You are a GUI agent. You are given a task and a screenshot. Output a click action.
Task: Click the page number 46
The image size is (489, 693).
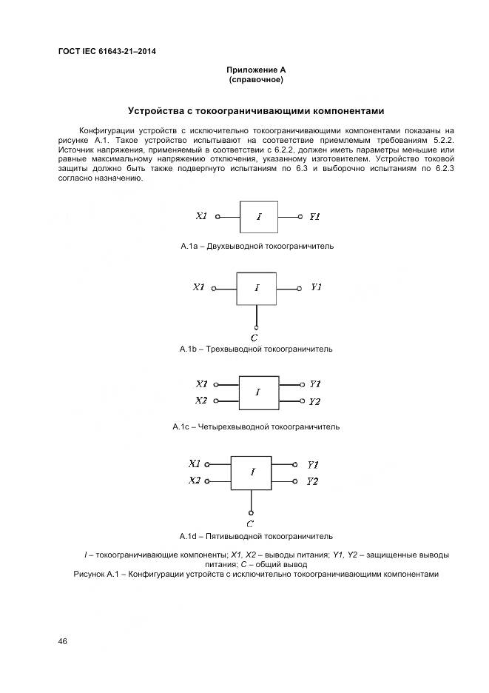[x=63, y=641]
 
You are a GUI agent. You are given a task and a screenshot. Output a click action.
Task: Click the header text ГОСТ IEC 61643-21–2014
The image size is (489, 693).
[x=107, y=51]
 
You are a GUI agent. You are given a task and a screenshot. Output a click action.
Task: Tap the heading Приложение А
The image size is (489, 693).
[x=256, y=70]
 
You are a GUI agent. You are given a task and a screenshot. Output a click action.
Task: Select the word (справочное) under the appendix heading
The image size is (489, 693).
[x=256, y=78]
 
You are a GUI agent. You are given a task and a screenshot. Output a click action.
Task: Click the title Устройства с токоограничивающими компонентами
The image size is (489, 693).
[x=256, y=111]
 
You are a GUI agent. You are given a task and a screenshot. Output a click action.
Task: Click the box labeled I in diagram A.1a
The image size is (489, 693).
[x=259, y=217]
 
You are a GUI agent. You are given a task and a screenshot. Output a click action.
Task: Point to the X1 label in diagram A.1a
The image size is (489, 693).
[x=201, y=217]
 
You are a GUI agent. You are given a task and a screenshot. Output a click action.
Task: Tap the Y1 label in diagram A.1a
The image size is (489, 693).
[x=314, y=217]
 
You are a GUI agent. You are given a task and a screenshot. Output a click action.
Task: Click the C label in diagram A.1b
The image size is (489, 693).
[x=254, y=337]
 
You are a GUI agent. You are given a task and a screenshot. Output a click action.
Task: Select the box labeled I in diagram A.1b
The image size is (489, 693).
[x=256, y=288]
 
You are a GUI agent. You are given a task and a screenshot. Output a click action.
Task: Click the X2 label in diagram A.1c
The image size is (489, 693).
[x=201, y=401]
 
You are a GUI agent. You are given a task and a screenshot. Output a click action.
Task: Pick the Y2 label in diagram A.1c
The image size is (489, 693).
[x=314, y=401]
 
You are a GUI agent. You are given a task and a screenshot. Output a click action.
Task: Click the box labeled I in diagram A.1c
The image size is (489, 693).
[x=257, y=392]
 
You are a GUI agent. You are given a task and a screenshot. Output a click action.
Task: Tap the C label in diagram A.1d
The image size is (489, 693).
[x=251, y=523]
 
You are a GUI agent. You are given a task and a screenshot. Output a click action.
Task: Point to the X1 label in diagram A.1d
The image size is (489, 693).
[x=195, y=464]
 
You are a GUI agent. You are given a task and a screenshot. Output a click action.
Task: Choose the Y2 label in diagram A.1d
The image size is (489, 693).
[x=312, y=481]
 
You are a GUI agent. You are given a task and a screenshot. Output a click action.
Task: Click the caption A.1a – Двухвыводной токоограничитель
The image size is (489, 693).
[x=256, y=246]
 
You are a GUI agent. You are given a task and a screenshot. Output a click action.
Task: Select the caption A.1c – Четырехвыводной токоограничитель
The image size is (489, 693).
[x=256, y=427]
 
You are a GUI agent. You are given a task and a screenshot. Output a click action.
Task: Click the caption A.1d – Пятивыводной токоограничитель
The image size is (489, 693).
[x=256, y=536]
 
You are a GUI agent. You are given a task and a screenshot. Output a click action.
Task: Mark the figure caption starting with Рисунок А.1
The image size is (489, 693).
[x=256, y=574]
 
